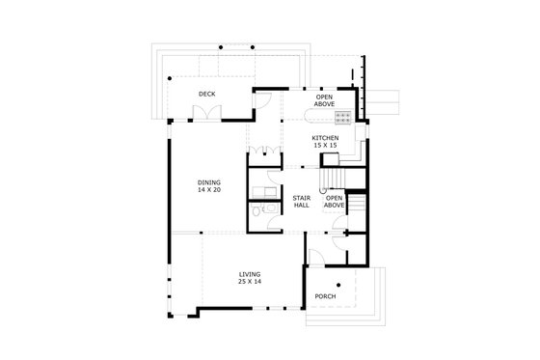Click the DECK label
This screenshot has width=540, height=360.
point(206,94)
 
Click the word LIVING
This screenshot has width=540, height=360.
point(250,274)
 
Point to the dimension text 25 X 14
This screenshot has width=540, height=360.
point(250,282)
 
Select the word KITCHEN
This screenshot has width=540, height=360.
point(325,138)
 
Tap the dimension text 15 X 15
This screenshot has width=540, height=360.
point(325,146)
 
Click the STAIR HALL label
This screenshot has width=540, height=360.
point(300,202)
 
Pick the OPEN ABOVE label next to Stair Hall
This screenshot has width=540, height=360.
point(335,202)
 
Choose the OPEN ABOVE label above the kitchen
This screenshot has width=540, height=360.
point(325,99)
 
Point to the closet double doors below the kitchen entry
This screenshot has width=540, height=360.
point(266,153)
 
